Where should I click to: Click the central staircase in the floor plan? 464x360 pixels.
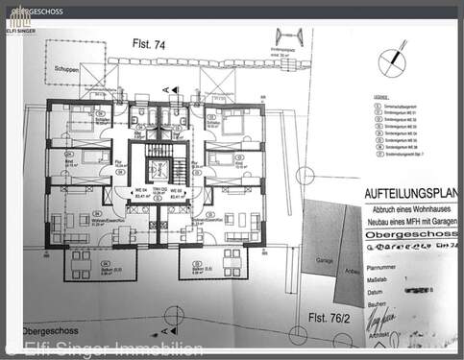point(158,168)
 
